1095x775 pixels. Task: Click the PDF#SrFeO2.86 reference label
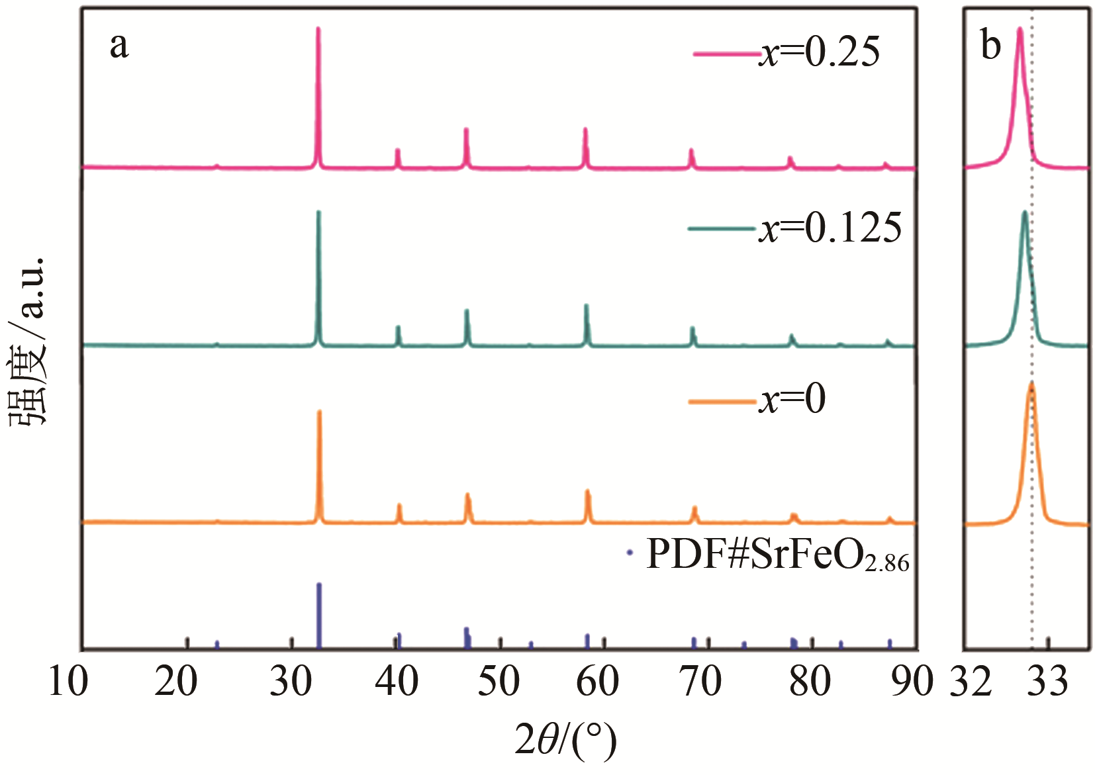pyautogui.click(x=777, y=555)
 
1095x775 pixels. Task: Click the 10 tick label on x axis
pyautogui.click(x=68, y=681)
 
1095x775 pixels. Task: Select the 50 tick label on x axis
pyautogui.click(x=499, y=681)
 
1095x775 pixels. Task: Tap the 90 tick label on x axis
pyautogui.click(x=912, y=681)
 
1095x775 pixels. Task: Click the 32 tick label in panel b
pyautogui.click(x=971, y=681)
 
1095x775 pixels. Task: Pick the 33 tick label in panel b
pyautogui.click(x=1047, y=681)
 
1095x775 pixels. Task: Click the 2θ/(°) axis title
pyautogui.click(x=565, y=741)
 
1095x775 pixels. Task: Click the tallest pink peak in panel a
pyautogui.click(x=318, y=30)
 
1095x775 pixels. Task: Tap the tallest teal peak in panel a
pyautogui.click(x=318, y=213)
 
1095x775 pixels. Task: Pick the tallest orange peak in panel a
pyautogui.click(x=320, y=412)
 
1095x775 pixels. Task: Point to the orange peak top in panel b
pyautogui.click(x=1031, y=385)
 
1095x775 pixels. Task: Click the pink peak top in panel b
pyautogui.click(x=1020, y=30)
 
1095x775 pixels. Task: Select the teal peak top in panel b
pyautogui.click(x=1025, y=213)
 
